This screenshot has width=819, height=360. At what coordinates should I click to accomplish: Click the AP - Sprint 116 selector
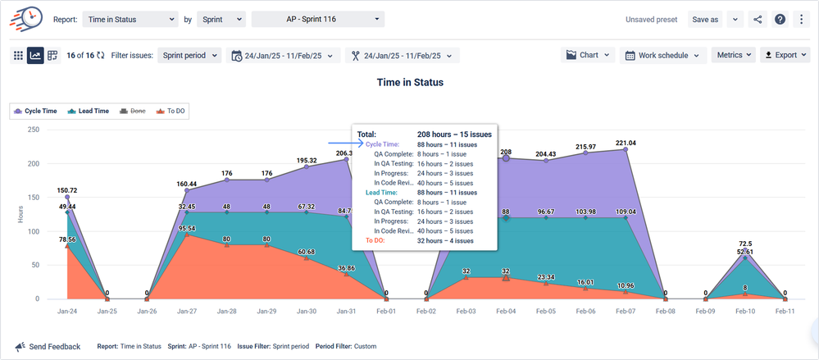click(x=318, y=19)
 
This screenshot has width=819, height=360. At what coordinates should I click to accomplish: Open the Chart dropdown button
click(x=587, y=55)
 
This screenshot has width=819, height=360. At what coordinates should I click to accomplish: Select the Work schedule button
click(x=664, y=55)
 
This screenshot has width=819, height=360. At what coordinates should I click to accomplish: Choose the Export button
click(x=785, y=55)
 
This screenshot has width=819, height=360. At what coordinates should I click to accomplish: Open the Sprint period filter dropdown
click(x=189, y=55)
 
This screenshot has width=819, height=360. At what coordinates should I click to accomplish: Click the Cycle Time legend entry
click(x=35, y=111)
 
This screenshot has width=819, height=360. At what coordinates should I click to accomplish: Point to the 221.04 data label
click(x=626, y=143)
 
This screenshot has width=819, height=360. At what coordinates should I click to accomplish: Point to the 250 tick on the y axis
click(x=33, y=130)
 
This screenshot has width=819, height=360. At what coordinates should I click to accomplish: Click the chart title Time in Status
click(x=410, y=82)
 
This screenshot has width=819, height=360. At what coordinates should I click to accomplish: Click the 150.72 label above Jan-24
click(x=67, y=189)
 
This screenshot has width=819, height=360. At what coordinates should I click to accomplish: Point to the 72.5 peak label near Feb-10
click(x=745, y=244)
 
